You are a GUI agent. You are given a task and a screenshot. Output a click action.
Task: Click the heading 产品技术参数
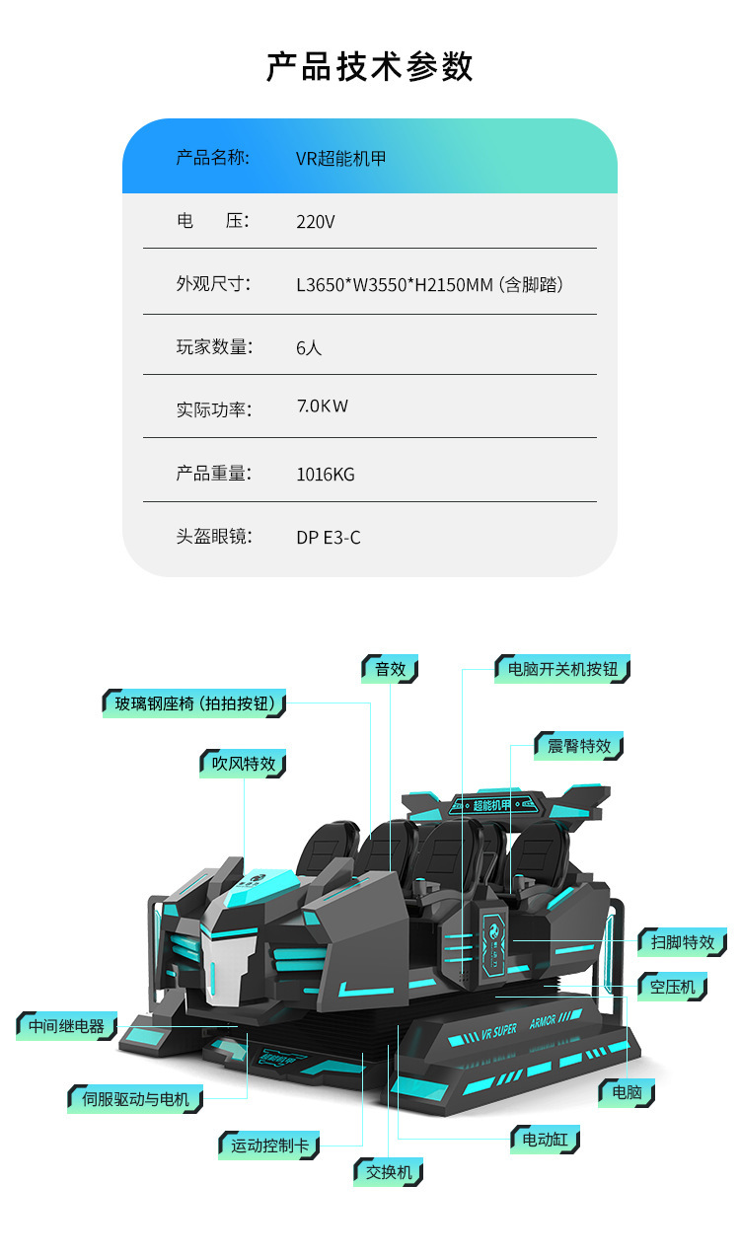coord(370,67)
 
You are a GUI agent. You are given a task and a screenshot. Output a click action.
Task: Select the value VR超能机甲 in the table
coord(340,158)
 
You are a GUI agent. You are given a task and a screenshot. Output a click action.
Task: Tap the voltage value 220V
coord(316,221)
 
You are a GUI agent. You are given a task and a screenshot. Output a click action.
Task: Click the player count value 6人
coord(309,347)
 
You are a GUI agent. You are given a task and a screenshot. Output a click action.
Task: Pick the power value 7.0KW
coord(322,406)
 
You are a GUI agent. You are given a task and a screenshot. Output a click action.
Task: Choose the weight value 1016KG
coord(326,474)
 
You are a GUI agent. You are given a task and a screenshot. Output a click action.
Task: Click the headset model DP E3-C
coord(329,537)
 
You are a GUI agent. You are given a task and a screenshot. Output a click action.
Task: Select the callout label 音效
coord(390,669)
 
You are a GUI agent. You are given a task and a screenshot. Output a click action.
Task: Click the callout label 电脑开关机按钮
coord(562,669)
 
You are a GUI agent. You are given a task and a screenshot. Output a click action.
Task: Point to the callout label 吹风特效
coord(244,764)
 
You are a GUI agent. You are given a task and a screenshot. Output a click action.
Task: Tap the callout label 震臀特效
coord(579,746)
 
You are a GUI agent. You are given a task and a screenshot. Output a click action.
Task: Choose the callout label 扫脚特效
coord(683,942)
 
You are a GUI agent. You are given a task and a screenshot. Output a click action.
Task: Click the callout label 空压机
coord(672,986)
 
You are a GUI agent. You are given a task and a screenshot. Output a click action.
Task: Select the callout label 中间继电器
coord(66,1026)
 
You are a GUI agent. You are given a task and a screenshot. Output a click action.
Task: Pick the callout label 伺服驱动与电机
coord(135,1098)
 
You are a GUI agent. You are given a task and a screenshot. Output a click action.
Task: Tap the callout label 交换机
coord(389,1172)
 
